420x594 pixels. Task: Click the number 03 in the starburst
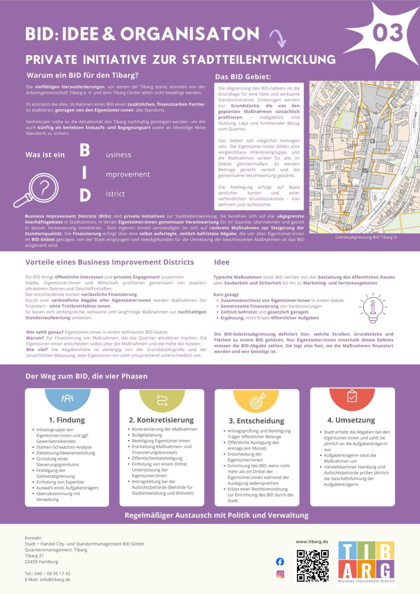point(388,32)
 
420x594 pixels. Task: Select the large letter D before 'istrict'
point(85,195)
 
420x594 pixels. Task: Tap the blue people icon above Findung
point(67,398)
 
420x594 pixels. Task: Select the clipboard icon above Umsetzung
point(352,396)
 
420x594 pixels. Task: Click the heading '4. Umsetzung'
point(351,420)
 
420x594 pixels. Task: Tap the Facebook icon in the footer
point(280,561)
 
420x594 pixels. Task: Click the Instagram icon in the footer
point(280,574)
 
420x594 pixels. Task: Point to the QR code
point(312,565)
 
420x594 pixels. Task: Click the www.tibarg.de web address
point(312,542)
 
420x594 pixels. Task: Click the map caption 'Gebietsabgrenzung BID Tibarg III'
point(366,237)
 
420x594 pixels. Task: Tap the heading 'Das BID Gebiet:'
point(243,77)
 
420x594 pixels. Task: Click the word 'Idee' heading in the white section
point(222,262)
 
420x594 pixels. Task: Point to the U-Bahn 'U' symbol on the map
point(365,170)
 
